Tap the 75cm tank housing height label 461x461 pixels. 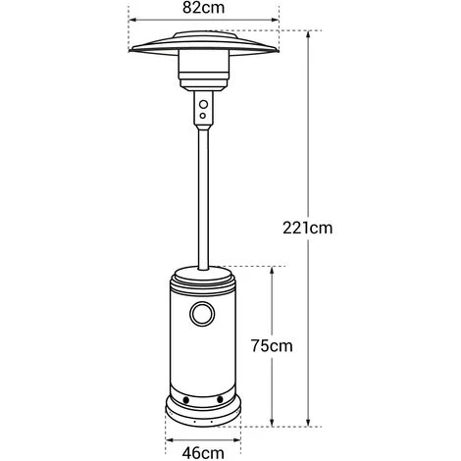[272, 346]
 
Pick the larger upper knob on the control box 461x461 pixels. [205, 103]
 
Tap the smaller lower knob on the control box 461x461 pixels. [205, 115]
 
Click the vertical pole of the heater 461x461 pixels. [205, 196]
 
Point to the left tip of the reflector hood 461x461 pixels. [133, 51]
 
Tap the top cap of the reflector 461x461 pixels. [205, 35]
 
